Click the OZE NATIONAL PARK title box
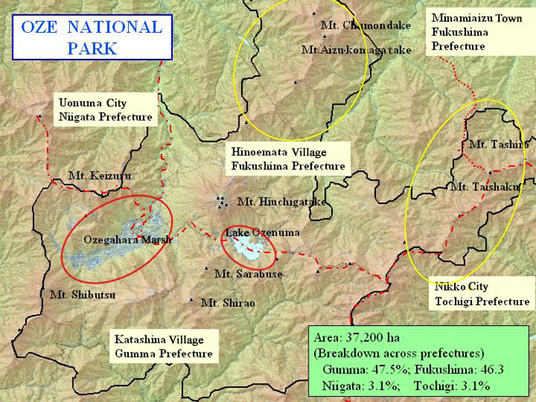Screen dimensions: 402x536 click(91, 37)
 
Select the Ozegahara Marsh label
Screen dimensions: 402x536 click(127, 239)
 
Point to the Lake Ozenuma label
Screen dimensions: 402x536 click(250, 233)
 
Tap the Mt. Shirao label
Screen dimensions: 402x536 click(227, 303)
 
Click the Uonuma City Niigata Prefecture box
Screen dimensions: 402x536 click(105, 110)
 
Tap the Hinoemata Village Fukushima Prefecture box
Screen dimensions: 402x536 click(288, 158)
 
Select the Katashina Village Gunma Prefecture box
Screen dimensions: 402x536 click(163, 347)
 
